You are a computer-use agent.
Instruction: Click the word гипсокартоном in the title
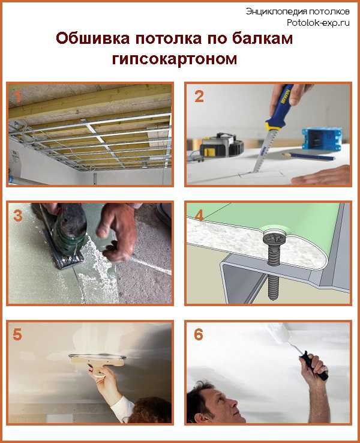click(175, 59)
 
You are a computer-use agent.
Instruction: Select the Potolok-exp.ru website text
click(318, 23)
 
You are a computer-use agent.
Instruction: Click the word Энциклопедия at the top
click(276, 11)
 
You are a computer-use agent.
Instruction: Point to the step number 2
click(199, 96)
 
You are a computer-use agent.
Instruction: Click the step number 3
click(18, 215)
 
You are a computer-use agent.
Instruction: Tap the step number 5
click(17, 334)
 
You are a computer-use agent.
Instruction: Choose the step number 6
click(199, 334)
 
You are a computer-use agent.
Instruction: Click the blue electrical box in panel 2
click(322, 139)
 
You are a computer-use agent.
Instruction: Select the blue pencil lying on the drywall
click(307, 156)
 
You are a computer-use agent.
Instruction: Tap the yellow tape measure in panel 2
click(221, 145)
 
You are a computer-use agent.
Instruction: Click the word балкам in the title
click(263, 38)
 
